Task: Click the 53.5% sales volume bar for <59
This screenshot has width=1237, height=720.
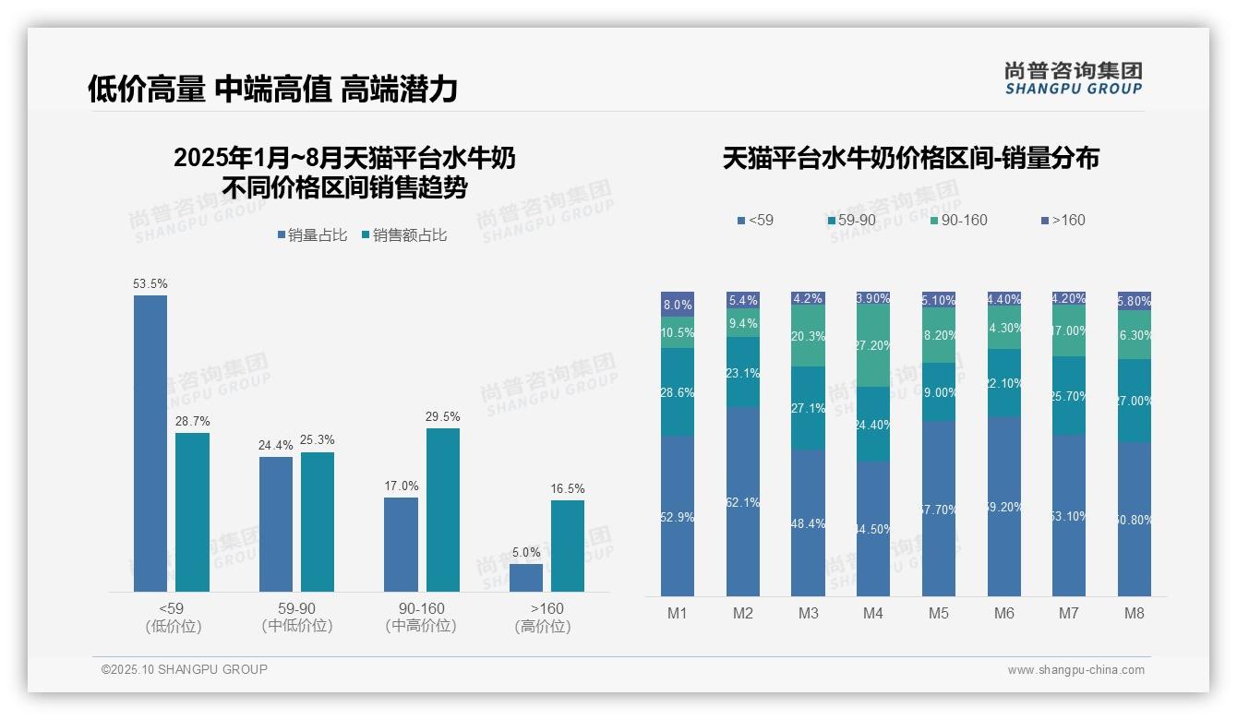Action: click(150, 443)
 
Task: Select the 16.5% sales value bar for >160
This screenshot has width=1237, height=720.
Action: click(568, 546)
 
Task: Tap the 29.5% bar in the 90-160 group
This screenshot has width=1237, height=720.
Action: click(443, 510)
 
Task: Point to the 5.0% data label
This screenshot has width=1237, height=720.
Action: click(526, 553)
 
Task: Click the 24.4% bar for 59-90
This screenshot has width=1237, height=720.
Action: click(276, 524)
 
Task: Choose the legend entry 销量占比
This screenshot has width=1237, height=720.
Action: click(312, 235)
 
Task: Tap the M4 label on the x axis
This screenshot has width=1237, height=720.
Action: click(873, 613)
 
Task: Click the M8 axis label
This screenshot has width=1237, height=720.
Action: click(1135, 613)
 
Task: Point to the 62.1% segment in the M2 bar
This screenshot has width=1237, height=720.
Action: click(743, 501)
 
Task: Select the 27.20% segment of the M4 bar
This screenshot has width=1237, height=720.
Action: click(873, 346)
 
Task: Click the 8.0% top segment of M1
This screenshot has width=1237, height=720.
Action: click(678, 305)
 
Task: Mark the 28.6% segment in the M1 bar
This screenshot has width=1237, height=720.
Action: click(678, 392)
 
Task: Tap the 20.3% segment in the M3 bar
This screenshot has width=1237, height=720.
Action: click(809, 336)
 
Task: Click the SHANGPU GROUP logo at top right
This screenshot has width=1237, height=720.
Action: click(1073, 78)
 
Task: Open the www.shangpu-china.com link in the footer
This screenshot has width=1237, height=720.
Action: click(1075, 670)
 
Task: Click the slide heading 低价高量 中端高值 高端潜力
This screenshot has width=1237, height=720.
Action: click(272, 90)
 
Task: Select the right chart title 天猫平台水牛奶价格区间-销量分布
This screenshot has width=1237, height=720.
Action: click(910, 159)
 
